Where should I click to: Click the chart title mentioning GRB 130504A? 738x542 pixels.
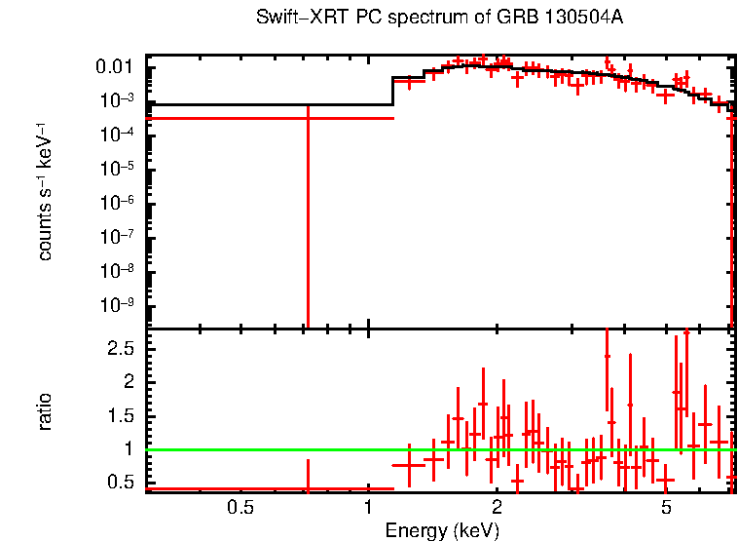coord(439,19)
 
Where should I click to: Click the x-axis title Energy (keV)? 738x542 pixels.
coord(442,531)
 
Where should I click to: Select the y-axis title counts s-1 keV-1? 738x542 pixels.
coord(45,191)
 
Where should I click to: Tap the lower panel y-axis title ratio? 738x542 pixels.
coord(45,411)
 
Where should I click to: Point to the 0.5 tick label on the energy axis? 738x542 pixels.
coord(240,508)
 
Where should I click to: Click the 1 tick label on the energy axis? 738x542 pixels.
coord(368,508)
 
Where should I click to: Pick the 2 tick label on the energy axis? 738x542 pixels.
coord(497,508)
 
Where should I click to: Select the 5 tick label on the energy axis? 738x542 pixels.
coord(666,508)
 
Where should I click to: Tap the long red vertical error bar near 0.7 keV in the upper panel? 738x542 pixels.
coord(308,224)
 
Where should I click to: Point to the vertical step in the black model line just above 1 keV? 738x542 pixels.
coord(392,91)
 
